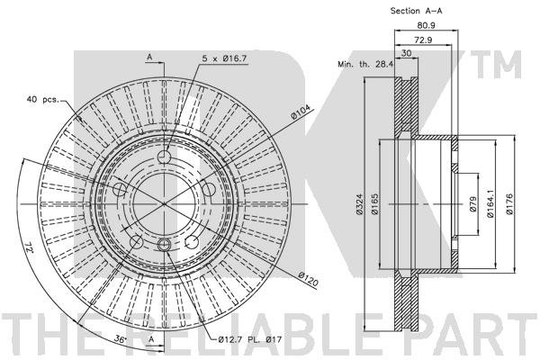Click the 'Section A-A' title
(416, 11)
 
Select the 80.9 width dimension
(426, 25)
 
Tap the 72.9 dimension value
(423, 40)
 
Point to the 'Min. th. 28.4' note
(365, 64)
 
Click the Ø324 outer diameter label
(359, 204)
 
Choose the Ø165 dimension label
(375, 204)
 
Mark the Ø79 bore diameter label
(472, 204)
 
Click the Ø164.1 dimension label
(490, 204)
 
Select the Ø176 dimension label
(509, 204)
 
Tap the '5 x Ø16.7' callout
(224, 58)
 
